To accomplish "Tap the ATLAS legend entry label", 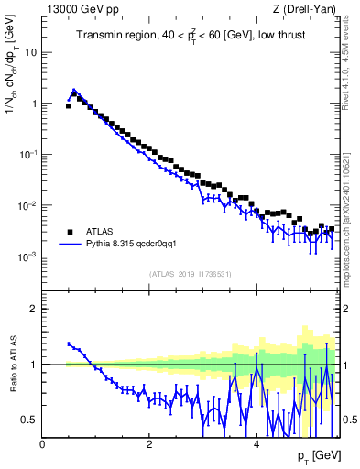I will pos(100,232).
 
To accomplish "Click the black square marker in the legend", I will pos(69,232).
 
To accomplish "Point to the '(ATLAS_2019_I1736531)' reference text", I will pos(191,274).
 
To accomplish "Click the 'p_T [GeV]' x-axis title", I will pos(318,456).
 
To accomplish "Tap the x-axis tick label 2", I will pos(149,444).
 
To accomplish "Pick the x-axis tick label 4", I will pos(256,444).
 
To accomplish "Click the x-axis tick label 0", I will pos(43,444).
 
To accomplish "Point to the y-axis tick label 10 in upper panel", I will pos(30,52).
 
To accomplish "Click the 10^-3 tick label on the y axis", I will pos(27,256).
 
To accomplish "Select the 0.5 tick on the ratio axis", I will pos(29,420).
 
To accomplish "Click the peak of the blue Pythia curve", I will pos(73,90).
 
